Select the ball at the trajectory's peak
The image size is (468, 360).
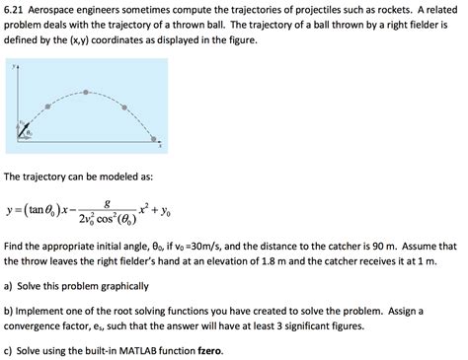pos(86,92)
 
